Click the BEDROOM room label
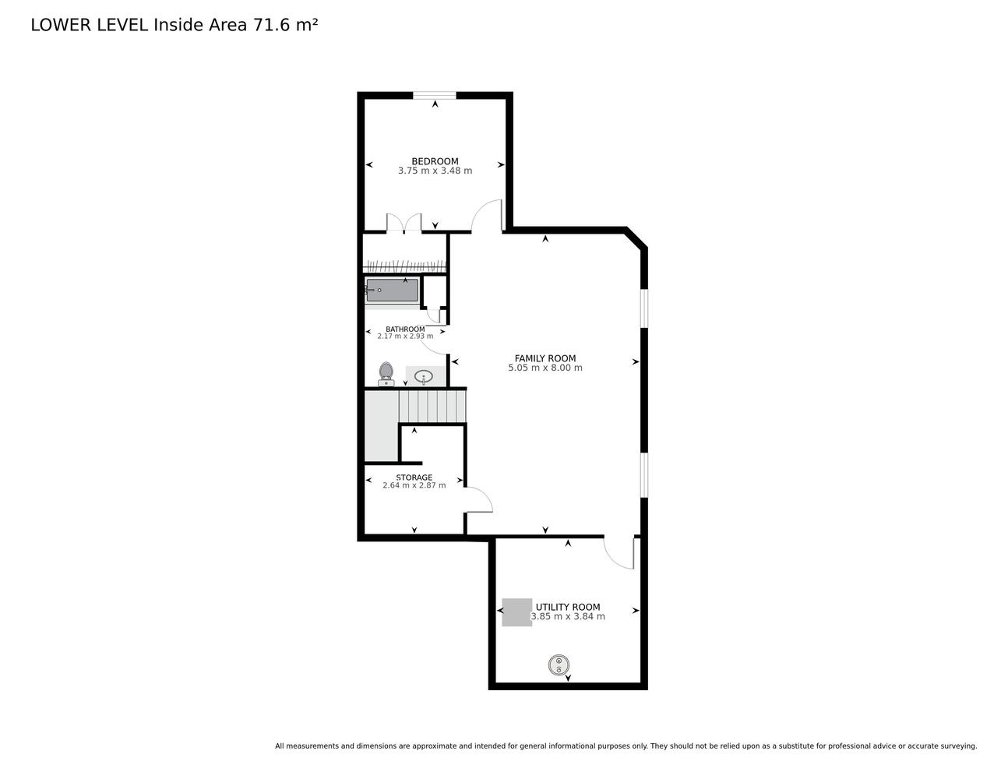[x=435, y=161]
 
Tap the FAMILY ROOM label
[x=545, y=358]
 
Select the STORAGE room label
[x=414, y=477]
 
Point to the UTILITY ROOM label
[x=568, y=607]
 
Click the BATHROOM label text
[x=405, y=330]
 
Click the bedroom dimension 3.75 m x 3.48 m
[x=435, y=171]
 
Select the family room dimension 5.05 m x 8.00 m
[x=545, y=368]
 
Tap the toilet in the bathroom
[x=386, y=374]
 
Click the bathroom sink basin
[x=424, y=377]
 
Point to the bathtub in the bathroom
[x=392, y=291]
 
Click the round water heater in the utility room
[x=559, y=665]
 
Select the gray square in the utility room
[x=516, y=612]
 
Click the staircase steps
[x=432, y=406]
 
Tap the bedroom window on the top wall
[x=435, y=96]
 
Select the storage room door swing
[x=479, y=500]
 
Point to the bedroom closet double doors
[x=404, y=222]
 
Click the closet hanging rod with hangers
[x=404, y=266]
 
